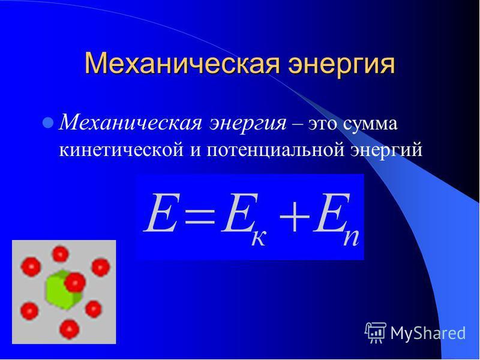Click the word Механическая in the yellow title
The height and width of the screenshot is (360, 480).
(x=182, y=64)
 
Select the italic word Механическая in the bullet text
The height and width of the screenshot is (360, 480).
(x=131, y=124)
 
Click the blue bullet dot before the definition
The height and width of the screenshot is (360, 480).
(x=48, y=123)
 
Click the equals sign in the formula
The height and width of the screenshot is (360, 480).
(x=199, y=214)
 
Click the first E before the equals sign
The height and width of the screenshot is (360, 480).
(x=161, y=213)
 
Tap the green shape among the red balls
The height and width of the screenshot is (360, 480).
(x=63, y=290)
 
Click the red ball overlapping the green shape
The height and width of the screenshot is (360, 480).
(x=75, y=282)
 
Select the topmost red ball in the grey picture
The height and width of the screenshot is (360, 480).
(x=61, y=254)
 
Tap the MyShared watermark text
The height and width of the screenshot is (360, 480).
(x=428, y=333)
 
